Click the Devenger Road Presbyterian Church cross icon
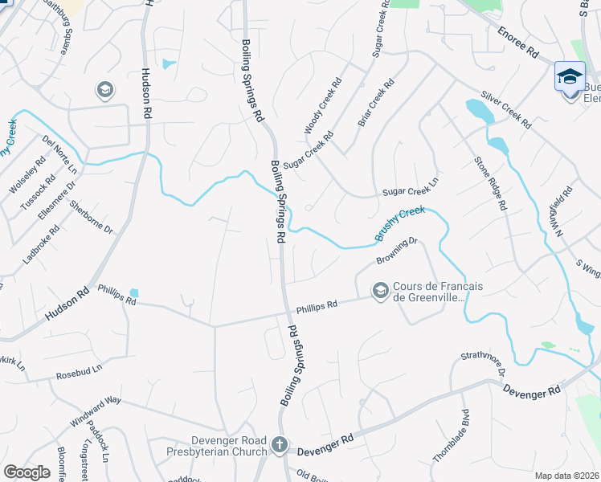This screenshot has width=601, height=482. (279, 444)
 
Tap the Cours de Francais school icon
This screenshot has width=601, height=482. (380, 290)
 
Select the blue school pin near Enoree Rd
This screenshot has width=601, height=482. (570, 77)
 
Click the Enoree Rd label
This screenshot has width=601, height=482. (517, 43)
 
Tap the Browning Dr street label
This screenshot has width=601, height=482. (399, 251)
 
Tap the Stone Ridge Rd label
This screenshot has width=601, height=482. (490, 184)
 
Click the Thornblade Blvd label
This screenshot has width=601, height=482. (451, 435)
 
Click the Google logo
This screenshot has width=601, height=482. (27, 472)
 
